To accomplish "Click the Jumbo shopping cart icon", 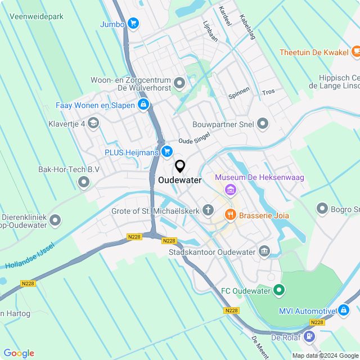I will pyautogui.click(x=133, y=23).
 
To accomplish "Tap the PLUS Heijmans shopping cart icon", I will pyautogui.click(x=166, y=151).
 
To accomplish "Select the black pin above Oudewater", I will pyautogui.click(x=180, y=166).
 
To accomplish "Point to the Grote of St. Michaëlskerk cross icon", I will pyautogui.click(x=208, y=211).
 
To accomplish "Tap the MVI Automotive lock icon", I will pyautogui.click(x=344, y=310).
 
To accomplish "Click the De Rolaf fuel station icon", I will pyautogui.click(x=309, y=337).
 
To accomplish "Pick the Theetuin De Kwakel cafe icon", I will pyautogui.click(x=355, y=52).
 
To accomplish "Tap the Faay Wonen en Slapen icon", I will pyautogui.click(x=143, y=105).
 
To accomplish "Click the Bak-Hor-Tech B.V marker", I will pyautogui.click(x=84, y=182).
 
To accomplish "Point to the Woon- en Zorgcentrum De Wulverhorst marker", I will pyautogui.click(x=180, y=84).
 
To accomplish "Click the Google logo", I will pyautogui.click(x=19, y=353).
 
